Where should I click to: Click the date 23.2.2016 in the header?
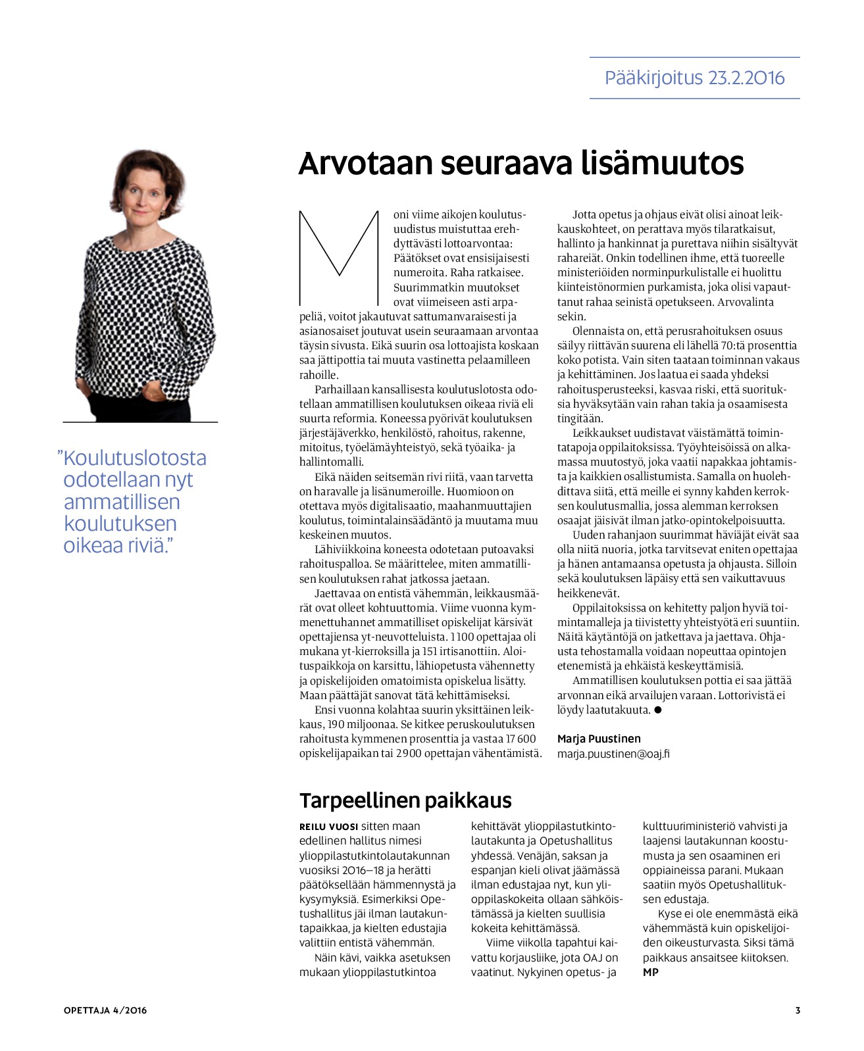point(746,78)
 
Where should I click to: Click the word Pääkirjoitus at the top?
point(644,78)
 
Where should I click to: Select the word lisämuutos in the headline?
point(663,163)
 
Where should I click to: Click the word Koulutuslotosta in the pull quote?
point(135,458)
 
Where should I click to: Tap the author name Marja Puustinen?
point(599,739)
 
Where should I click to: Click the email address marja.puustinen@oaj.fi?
point(613,754)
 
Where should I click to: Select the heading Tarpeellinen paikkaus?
point(405,800)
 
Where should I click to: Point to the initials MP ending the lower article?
point(650,972)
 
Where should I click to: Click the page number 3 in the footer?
point(798,1010)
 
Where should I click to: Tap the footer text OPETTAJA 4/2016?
point(105,1010)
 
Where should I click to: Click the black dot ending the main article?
point(657,710)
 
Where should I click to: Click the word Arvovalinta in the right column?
point(746,302)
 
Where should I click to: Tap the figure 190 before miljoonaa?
point(336,724)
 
